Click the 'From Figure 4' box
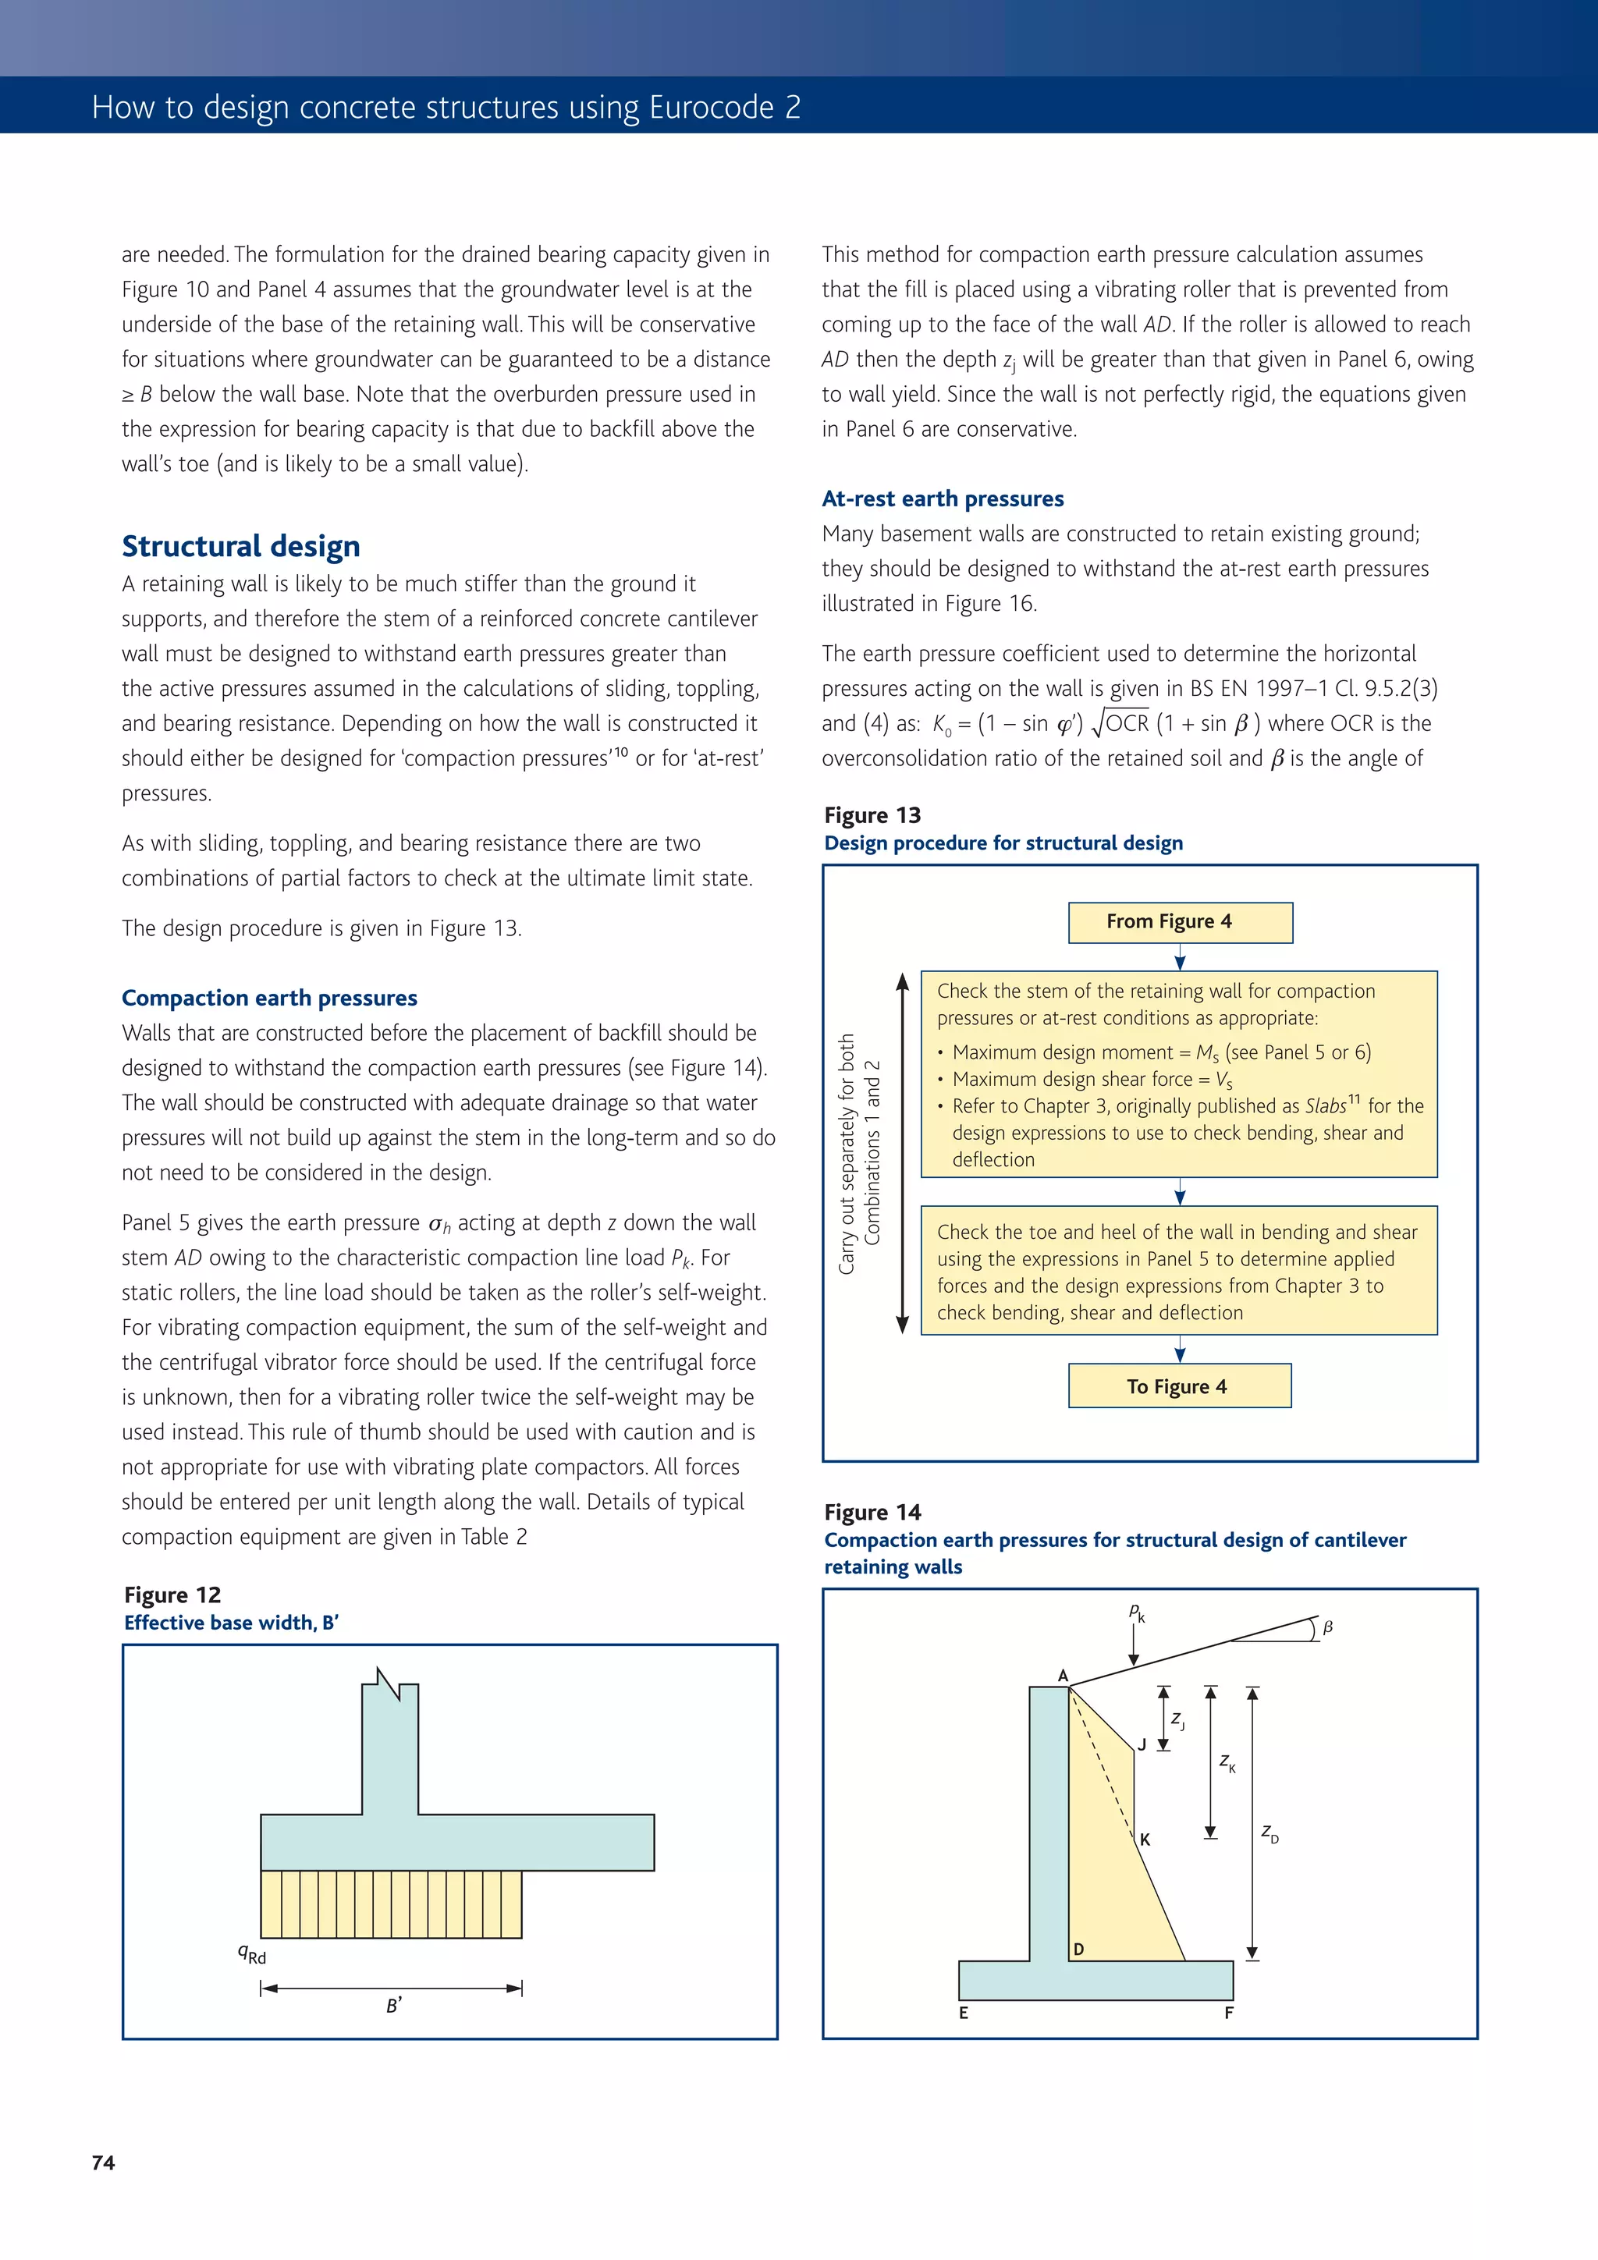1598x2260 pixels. tap(1180, 922)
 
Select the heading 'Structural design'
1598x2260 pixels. tap(240, 546)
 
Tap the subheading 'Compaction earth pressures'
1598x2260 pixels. tap(268, 998)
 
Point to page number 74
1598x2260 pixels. tap(103, 2162)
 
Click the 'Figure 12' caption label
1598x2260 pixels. tap(172, 1595)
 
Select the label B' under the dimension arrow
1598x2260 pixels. tap(392, 2006)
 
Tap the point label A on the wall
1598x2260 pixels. tap(1063, 1676)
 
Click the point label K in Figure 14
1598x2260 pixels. tap(1145, 1840)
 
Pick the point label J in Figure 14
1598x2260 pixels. tap(1142, 1744)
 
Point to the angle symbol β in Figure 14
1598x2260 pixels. tap(1327, 1628)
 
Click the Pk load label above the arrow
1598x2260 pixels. tap(1136, 1613)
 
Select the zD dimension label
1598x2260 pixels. tap(1270, 1832)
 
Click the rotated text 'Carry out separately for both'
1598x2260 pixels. tap(847, 1154)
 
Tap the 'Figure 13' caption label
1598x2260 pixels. tap(872, 816)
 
